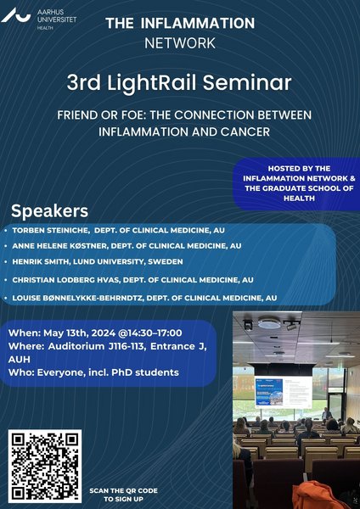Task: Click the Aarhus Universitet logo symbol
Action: pyautogui.click(x=15, y=15)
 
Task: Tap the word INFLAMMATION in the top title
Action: pyautogui.click(x=198, y=24)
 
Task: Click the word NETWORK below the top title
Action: pyautogui.click(x=180, y=43)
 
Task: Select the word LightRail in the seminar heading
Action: pyautogui.click(x=151, y=83)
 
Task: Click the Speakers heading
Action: pyautogui.click(x=50, y=211)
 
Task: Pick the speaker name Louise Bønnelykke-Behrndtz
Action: pyautogui.click(x=77, y=298)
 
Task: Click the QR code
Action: pyautogui.click(x=45, y=466)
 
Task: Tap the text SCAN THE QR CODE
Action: pyautogui.click(x=123, y=491)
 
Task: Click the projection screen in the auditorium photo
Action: pyautogui.click(x=283, y=391)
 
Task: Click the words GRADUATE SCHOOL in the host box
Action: pyautogui.click(x=301, y=188)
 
